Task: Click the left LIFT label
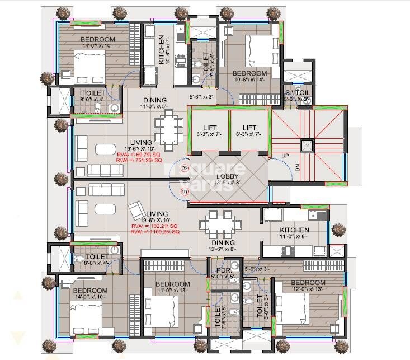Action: (210, 128)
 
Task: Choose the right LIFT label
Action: (249, 128)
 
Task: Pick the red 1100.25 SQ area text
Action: (154, 231)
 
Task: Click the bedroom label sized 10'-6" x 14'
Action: (249, 73)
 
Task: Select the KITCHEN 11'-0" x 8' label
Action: (294, 230)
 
